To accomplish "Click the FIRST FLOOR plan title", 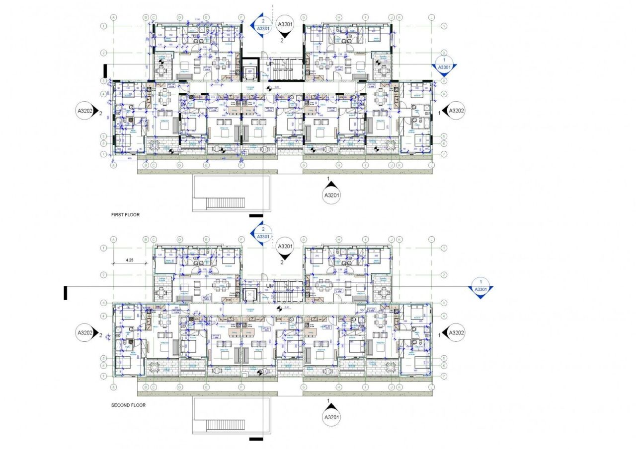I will pyautogui.click(x=125, y=215).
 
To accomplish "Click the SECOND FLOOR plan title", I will pyautogui.click(x=128, y=405).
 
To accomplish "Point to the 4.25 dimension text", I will pyautogui.click(x=130, y=259).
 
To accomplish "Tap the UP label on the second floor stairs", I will pyautogui.click(x=270, y=286).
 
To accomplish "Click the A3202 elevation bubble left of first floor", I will pyautogui.click(x=85, y=111).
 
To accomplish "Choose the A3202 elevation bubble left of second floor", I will pyautogui.click(x=85, y=332).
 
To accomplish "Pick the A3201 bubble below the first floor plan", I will pyautogui.click(x=331, y=195).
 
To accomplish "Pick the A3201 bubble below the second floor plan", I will pyautogui.click(x=331, y=417).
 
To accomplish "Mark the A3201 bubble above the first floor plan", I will pyautogui.click(x=285, y=24).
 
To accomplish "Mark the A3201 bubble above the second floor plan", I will pyautogui.click(x=285, y=246).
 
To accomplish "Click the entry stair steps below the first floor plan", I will pyautogui.click(x=226, y=202).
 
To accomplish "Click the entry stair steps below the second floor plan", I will pyautogui.click(x=226, y=425).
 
